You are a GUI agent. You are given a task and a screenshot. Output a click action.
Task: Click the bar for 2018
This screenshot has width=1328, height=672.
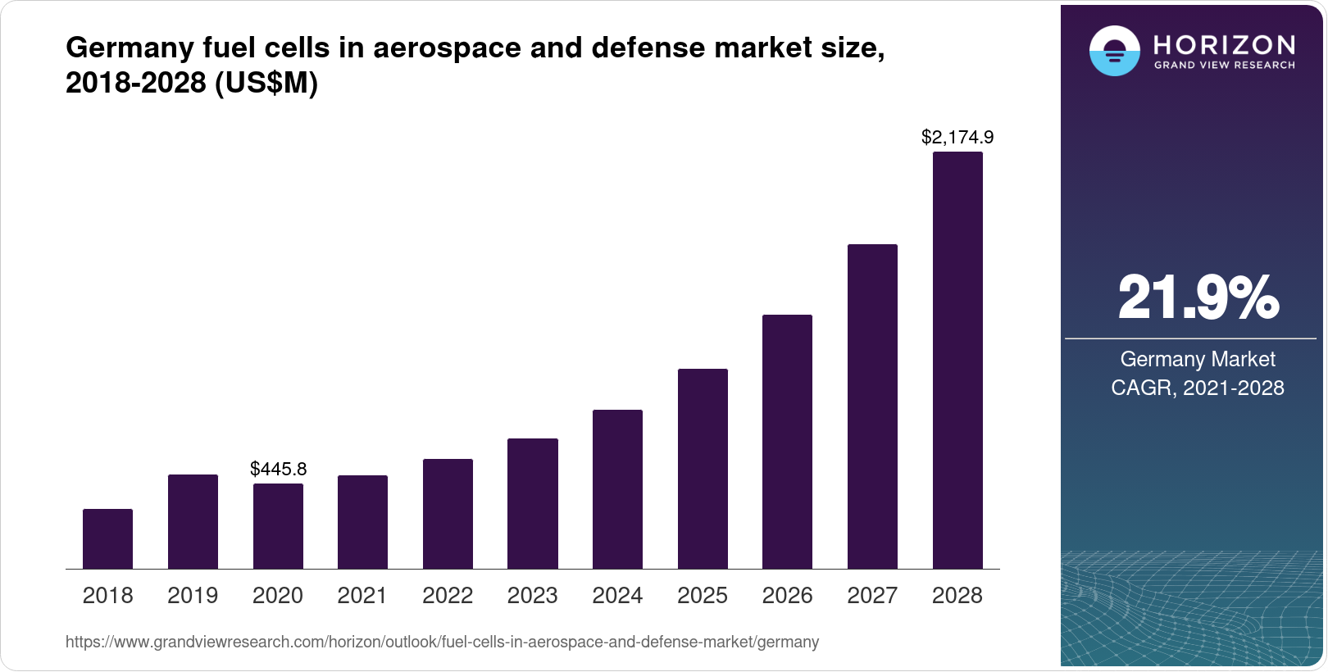(x=107, y=538)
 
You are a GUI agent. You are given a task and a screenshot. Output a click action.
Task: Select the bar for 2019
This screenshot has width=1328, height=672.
(x=193, y=521)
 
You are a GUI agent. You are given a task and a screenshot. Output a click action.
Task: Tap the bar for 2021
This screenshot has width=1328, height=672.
(x=362, y=522)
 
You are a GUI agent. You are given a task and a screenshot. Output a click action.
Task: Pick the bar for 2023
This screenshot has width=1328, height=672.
(x=533, y=503)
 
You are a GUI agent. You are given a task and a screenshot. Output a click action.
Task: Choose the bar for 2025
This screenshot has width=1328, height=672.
(x=703, y=469)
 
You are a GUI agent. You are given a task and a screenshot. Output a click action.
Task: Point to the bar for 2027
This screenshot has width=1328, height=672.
(x=872, y=406)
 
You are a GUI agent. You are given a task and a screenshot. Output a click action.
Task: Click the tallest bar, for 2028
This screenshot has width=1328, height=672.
(x=957, y=361)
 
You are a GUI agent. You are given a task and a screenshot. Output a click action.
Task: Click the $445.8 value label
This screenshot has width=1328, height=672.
(x=278, y=469)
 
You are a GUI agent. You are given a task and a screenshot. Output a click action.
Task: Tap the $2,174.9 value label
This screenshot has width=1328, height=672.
(x=957, y=137)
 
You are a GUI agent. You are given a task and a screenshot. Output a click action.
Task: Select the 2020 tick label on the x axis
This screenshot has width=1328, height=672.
(x=278, y=596)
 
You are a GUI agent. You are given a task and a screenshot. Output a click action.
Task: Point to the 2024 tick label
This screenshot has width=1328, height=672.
(x=617, y=596)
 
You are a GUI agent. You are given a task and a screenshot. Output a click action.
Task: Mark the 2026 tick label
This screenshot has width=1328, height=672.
(x=787, y=596)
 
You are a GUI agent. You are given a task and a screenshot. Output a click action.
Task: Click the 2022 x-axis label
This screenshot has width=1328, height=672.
(x=448, y=596)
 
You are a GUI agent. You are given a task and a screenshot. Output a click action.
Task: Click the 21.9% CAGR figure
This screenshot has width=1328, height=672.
(x=1198, y=297)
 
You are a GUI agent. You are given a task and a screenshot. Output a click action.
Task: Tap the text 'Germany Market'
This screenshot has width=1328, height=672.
(x=1198, y=359)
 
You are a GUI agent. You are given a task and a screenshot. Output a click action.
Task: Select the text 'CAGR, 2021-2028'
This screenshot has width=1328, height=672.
(x=1198, y=388)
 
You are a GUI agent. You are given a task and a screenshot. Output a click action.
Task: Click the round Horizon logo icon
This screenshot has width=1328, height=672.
(x=1114, y=51)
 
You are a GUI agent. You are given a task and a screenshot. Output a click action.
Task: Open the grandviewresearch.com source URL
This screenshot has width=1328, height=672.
(x=442, y=642)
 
